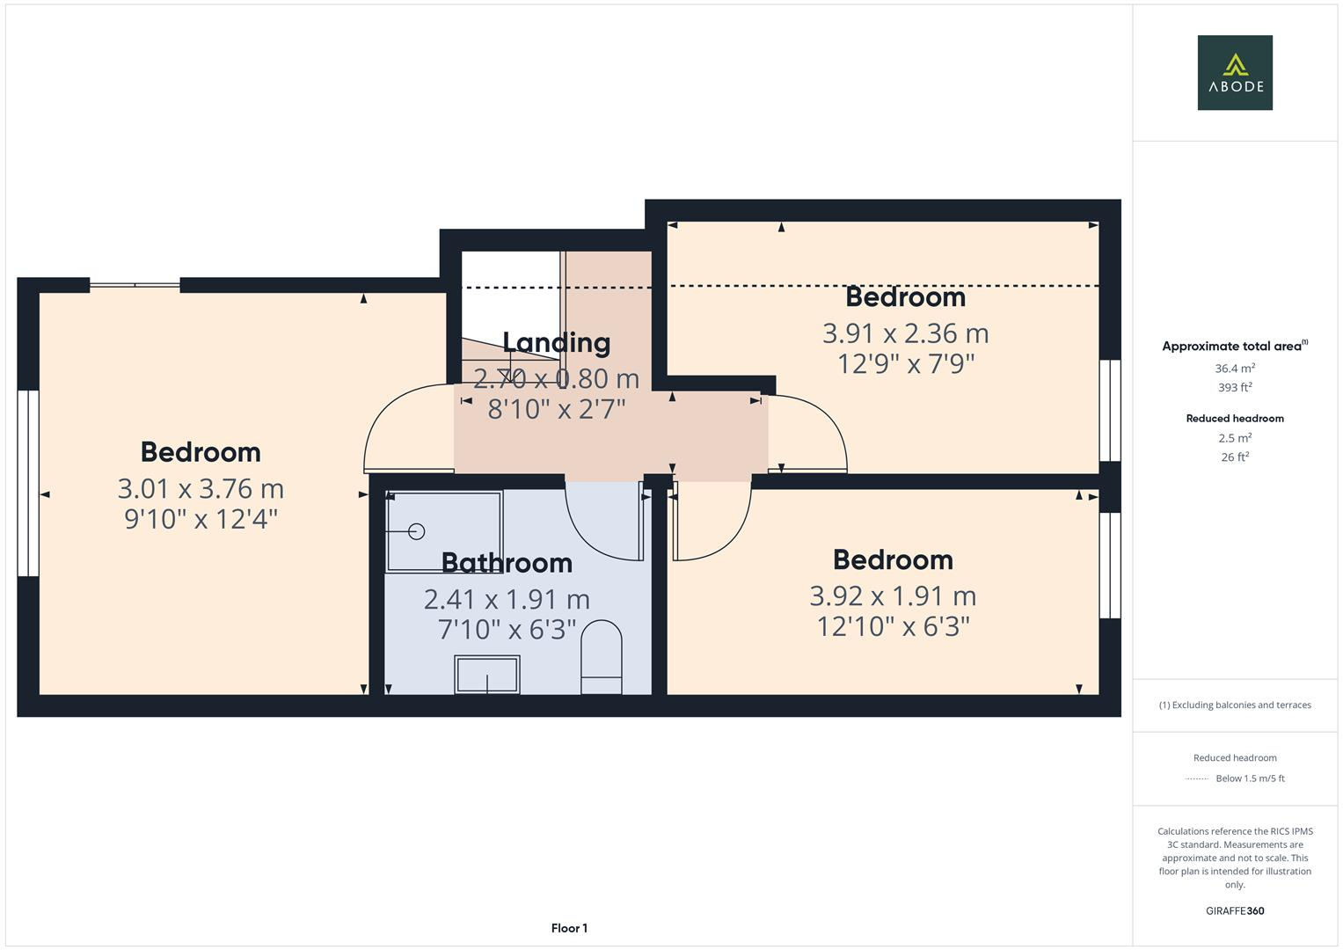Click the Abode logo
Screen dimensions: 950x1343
coord(1235,73)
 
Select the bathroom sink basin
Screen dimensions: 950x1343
coord(487,675)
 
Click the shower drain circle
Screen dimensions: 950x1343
coord(417,531)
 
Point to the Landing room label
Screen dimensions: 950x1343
coord(556,342)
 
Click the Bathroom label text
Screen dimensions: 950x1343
coord(507,562)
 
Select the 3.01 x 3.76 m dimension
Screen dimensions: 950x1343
coord(201,488)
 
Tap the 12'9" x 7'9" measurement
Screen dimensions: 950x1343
coord(906,363)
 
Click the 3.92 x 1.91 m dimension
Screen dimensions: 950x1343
coord(893,596)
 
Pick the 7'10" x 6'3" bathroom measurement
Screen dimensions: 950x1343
coord(507,629)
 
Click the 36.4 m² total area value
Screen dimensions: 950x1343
coord(1235,369)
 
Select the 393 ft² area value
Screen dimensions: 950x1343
coord(1235,387)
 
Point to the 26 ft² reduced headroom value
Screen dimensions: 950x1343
coord(1235,457)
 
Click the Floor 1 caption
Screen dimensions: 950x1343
coord(569,928)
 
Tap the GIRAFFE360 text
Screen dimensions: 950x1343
coord(1235,910)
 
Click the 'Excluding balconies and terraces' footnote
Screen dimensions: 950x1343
coord(1235,705)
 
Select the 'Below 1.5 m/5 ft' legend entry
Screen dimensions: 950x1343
coord(1250,778)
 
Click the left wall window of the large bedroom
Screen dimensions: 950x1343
coord(28,483)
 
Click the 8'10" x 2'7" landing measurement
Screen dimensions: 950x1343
coord(556,409)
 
